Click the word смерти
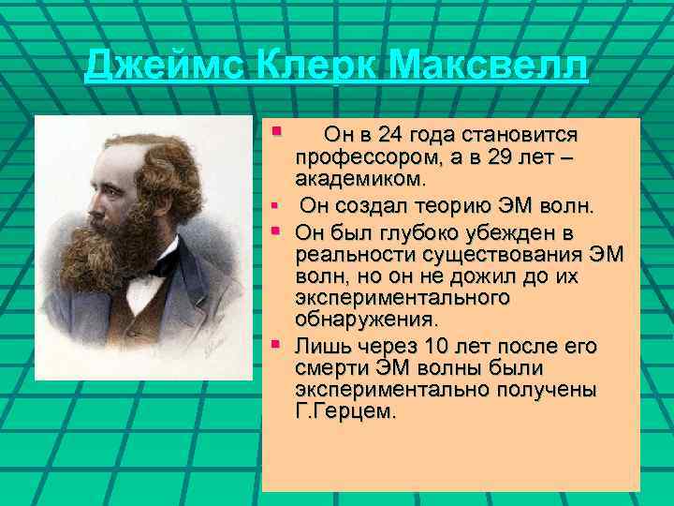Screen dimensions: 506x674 click(x=330, y=368)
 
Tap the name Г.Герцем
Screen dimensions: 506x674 click(x=345, y=409)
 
